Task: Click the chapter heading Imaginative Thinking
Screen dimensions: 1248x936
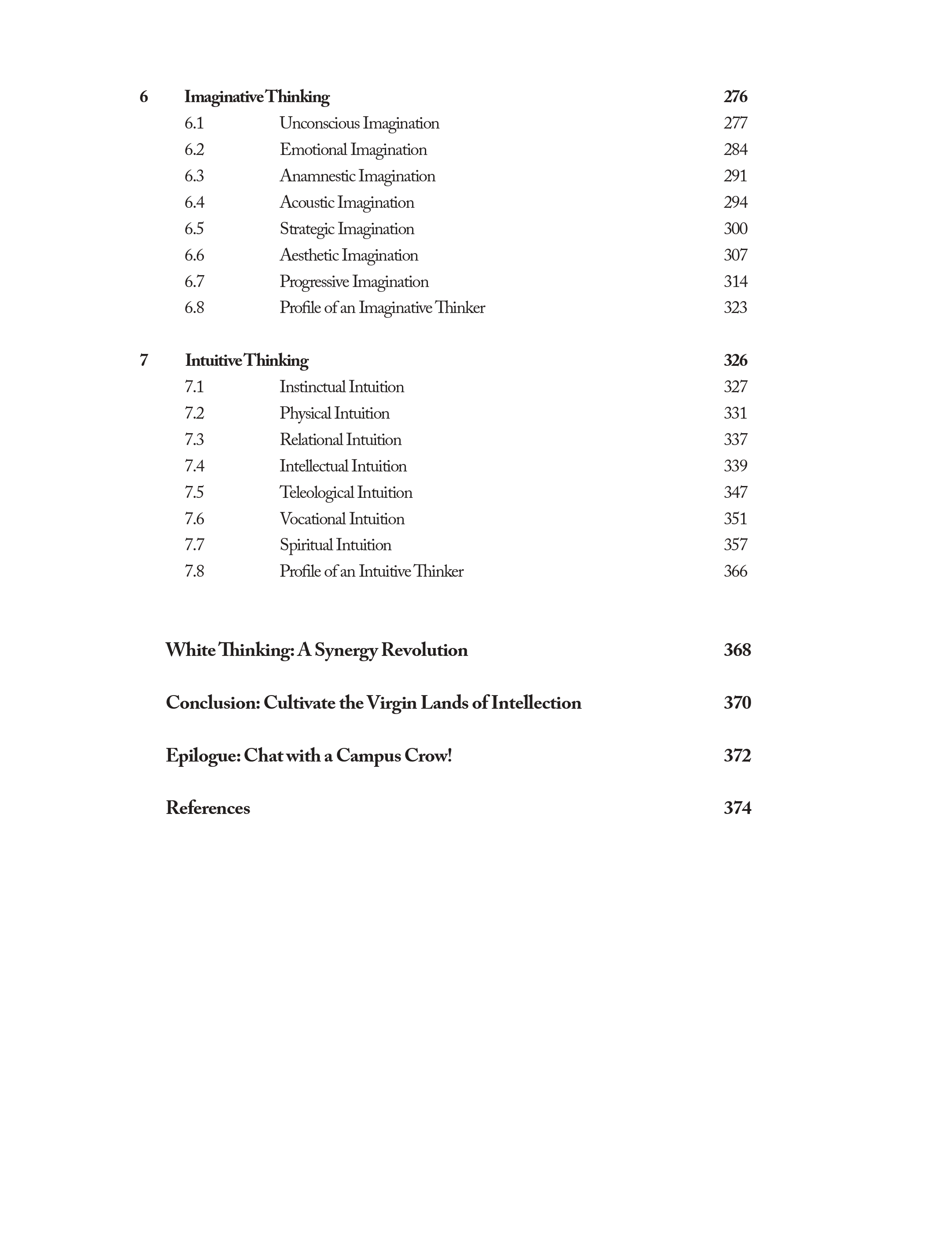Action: point(257,97)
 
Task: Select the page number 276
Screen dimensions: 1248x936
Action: point(735,97)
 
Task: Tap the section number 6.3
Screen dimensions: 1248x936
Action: point(194,176)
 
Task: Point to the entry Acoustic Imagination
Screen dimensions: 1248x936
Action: point(346,202)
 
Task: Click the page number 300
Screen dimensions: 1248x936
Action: point(735,228)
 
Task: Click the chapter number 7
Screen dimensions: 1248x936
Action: point(144,361)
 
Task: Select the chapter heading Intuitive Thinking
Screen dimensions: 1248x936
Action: point(247,361)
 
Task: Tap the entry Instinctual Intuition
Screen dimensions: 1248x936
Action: point(341,387)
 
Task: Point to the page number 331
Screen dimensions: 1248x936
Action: point(735,413)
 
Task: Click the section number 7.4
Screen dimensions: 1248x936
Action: point(194,466)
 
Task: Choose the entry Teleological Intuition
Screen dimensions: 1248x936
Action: point(346,493)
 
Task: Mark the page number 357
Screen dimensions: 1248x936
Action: point(735,545)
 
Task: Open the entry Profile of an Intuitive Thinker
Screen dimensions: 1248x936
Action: point(371,571)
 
